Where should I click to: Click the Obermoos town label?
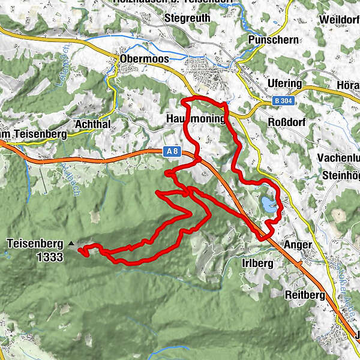coord(144,59)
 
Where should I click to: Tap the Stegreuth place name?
coord(187,18)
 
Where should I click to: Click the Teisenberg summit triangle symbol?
coord(71,244)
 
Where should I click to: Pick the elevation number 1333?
coord(49,256)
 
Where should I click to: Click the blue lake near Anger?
coord(269,204)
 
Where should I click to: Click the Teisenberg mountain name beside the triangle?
coord(35,244)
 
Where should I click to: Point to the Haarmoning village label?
coord(194,119)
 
